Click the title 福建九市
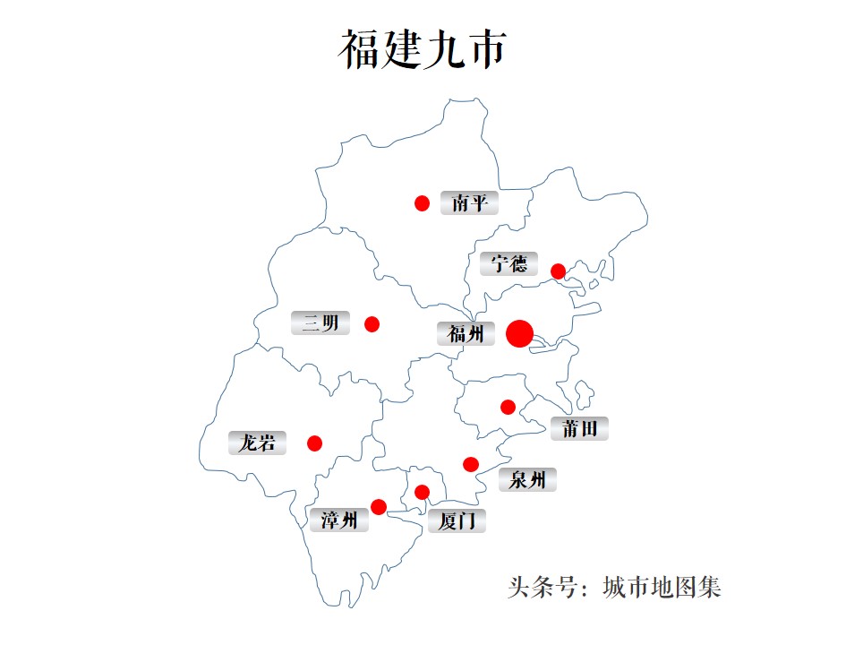(x=423, y=49)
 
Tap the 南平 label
(x=469, y=203)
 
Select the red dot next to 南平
(x=423, y=203)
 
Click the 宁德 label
(x=508, y=264)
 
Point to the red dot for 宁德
(x=558, y=271)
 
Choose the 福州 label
(x=466, y=334)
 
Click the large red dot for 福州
(x=519, y=333)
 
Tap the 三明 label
(x=320, y=322)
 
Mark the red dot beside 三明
(x=372, y=323)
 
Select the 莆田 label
(x=579, y=428)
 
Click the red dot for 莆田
(x=508, y=407)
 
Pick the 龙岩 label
(x=257, y=443)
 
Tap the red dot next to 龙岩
(x=314, y=443)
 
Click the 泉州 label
(x=527, y=479)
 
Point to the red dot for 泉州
(x=471, y=463)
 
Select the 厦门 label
(x=457, y=520)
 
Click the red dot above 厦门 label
(x=423, y=491)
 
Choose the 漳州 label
(x=339, y=520)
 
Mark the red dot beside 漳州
(x=379, y=507)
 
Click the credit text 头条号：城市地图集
(x=614, y=588)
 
